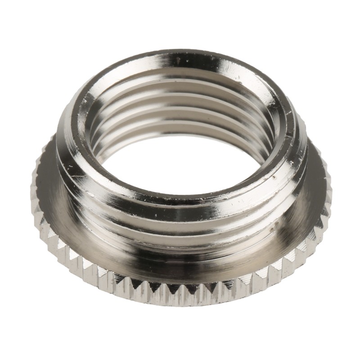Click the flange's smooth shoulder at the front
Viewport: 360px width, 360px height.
(180, 265)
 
